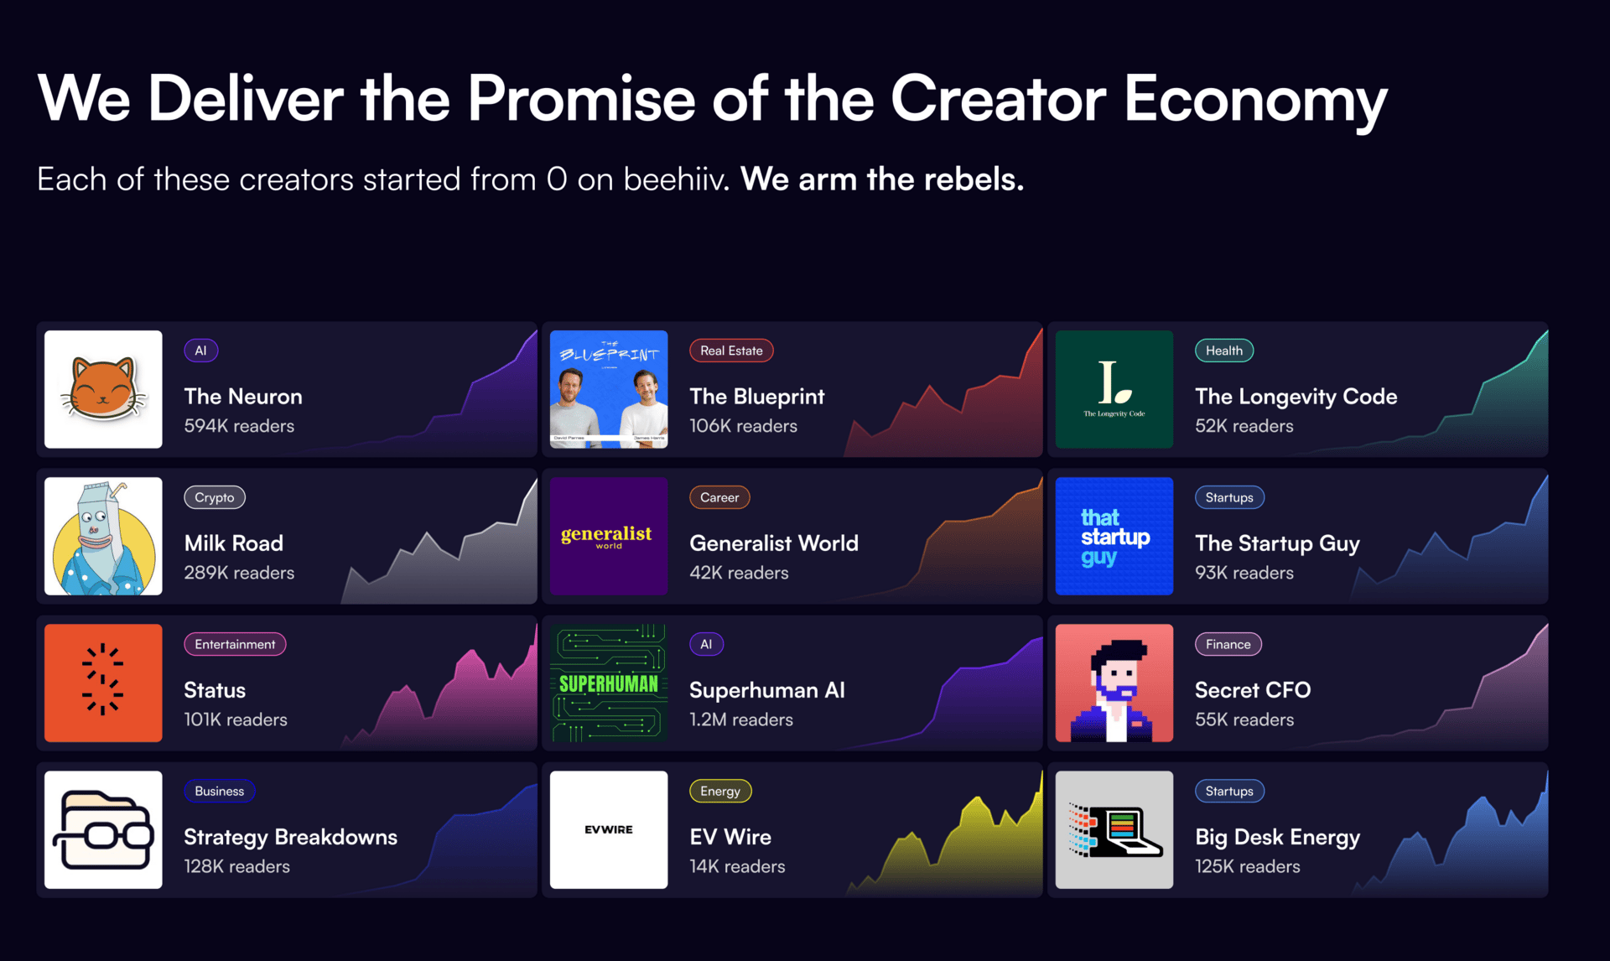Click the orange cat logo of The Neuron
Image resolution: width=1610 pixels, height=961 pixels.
pos(103,389)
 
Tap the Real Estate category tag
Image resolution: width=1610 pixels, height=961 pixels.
pos(731,351)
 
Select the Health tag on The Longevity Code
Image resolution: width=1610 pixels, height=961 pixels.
pos(1224,351)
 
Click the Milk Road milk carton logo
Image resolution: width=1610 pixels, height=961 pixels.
pos(103,536)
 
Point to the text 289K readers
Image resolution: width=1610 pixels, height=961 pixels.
pos(239,573)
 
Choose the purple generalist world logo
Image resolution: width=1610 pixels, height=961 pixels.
pos(609,536)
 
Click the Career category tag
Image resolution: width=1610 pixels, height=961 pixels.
pos(719,497)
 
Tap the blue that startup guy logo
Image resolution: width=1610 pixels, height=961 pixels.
pos(1114,536)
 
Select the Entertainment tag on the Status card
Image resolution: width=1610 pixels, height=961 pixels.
pos(235,644)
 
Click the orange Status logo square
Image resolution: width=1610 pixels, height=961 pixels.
pos(103,683)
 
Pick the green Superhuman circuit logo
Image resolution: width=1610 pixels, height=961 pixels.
pos(609,683)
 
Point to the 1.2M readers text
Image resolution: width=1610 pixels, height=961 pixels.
pos(741,719)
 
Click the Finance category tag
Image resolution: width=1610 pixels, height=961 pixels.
pos(1228,644)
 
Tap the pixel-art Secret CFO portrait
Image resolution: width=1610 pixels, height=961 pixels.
pos(1114,683)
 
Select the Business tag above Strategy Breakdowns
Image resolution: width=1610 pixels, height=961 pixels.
pos(220,791)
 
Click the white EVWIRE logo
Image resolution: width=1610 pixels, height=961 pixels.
pos(609,829)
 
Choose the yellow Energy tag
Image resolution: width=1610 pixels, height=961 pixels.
pos(720,791)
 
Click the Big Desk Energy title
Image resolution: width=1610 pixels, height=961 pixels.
pos(1278,837)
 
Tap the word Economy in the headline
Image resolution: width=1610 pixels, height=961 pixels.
pos(1255,100)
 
